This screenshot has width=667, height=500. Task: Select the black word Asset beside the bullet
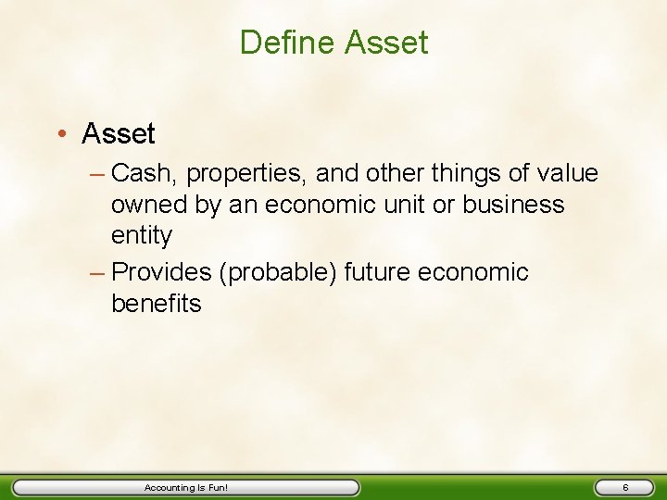(x=119, y=134)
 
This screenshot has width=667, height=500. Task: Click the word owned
(x=151, y=205)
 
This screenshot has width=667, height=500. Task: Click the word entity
(x=142, y=236)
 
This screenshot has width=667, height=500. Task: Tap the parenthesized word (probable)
(x=283, y=273)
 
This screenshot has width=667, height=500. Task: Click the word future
(x=379, y=273)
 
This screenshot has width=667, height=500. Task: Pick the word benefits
(x=156, y=304)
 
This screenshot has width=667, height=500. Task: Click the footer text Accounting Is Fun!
(x=186, y=487)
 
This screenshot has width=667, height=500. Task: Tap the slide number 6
(x=625, y=487)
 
